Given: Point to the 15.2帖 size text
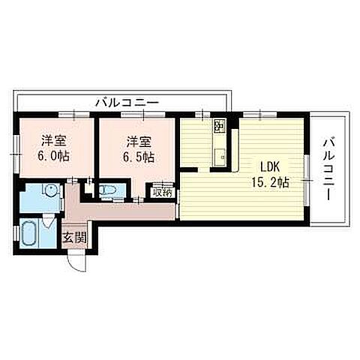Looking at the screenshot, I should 271,182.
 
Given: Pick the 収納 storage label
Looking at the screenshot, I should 162,193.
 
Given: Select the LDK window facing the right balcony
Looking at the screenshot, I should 306,169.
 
